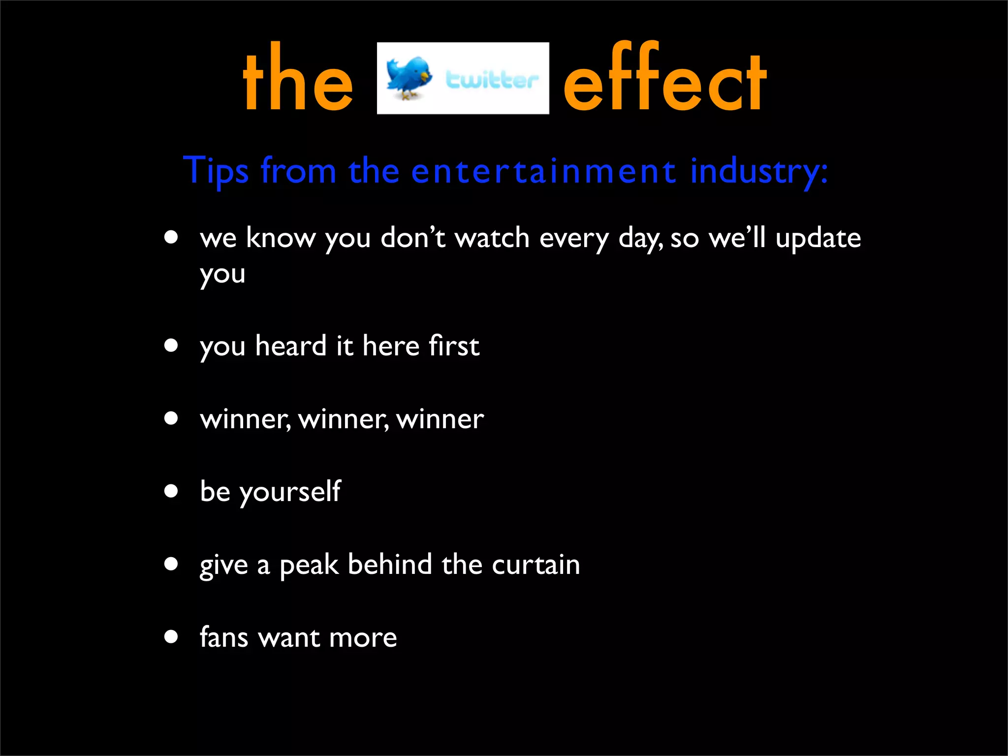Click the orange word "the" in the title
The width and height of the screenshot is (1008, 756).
point(298,79)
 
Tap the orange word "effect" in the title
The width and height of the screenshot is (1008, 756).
point(664,79)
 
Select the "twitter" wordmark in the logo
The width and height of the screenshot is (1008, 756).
point(491,80)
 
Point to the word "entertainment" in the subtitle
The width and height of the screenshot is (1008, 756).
point(543,171)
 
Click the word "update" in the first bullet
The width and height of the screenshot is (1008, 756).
point(818,239)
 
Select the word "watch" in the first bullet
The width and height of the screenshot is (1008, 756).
point(492,238)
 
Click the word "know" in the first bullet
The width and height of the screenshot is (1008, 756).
point(281,238)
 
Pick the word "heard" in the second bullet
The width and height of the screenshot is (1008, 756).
point(291,346)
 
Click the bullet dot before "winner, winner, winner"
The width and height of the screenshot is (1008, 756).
point(171,418)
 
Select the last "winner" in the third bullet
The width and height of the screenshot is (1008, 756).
point(440,420)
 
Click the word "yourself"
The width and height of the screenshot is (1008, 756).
point(290,492)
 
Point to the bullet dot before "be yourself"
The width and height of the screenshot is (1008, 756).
point(171,491)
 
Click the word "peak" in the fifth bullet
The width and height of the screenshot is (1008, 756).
point(309,565)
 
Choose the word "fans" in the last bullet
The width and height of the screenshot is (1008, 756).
point(224,637)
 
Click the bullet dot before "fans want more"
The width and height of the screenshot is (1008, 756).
point(171,636)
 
